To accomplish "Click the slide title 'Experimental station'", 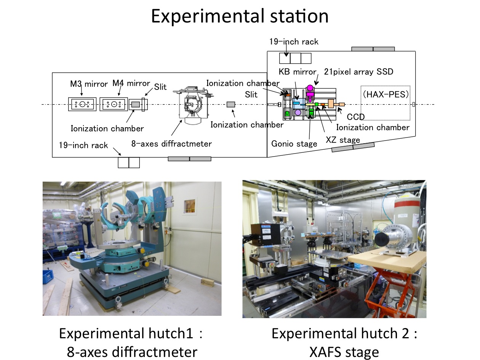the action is (x=240, y=16).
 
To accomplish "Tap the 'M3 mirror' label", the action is (x=89, y=84).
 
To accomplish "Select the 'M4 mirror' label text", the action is (x=131, y=83).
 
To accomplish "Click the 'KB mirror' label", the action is (x=298, y=72).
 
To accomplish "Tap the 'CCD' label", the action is (x=355, y=117).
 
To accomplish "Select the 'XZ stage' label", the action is (x=343, y=140).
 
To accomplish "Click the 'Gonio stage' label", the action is (x=294, y=144).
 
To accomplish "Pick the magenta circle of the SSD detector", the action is (x=310, y=88).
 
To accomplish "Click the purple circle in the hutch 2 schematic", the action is (x=298, y=112).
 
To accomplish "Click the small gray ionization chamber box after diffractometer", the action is (x=231, y=104).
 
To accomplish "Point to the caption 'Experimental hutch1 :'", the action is (x=131, y=333).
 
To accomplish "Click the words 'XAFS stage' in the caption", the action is (x=344, y=352).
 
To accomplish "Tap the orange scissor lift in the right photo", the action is (x=392, y=291).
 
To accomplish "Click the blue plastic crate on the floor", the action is (x=48, y=277).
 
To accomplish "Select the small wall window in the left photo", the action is (x=189, y=206).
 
